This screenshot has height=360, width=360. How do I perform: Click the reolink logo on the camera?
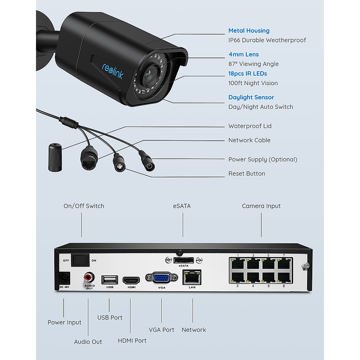click(x=112, y=71)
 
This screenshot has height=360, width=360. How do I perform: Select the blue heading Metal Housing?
click(x=249, y=31)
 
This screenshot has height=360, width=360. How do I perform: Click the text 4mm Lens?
click(x=244, y=54)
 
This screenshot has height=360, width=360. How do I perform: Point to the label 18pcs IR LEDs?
click(x=247, y=73)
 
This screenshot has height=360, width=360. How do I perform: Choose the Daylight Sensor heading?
click(x=251, y=97)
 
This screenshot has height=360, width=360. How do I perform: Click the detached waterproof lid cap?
click(x=55, y=157)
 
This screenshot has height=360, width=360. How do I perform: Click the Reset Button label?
click(x=247, y=173)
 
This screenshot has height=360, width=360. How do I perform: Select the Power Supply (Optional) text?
click(x=263, y=159)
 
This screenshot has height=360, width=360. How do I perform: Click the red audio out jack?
click(x=89, y=276)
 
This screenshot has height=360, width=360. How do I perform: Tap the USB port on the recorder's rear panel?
click(x=109, y=280)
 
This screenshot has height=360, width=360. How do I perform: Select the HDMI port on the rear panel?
click(x=131, y=281)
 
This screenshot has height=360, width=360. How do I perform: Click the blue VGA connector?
click(x=161, y=277)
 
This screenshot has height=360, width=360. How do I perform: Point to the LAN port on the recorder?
click(x=192, y=277)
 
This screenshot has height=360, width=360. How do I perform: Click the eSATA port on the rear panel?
click(x=183, y=260)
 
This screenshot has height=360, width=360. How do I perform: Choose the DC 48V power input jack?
click(x=64, y=278)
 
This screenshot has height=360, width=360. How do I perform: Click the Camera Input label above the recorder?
click(x=261, y=206)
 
